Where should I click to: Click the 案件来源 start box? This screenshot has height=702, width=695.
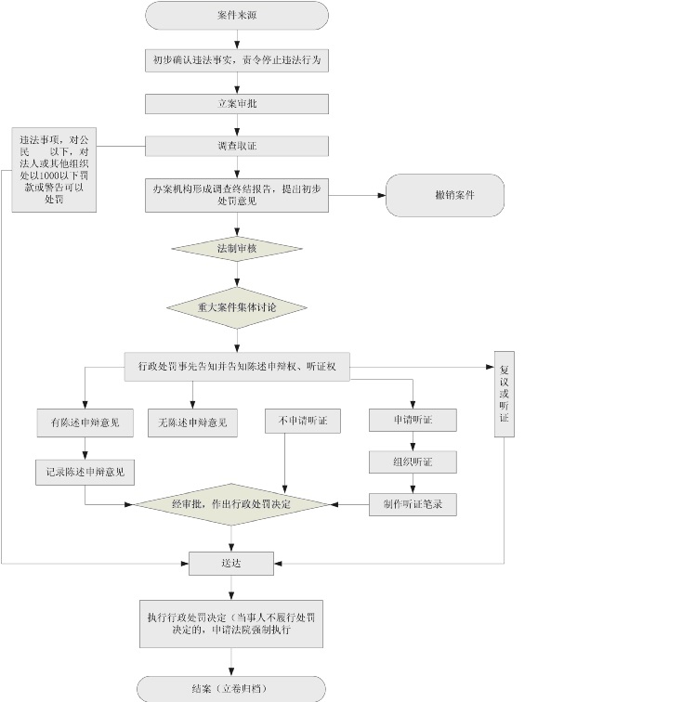(237, 16)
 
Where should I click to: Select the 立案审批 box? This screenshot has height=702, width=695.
(237, 103)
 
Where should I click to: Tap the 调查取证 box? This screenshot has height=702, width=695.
(237, 146)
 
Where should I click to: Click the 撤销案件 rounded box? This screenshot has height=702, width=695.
(445, 196)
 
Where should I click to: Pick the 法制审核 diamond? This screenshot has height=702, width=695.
(236, 249)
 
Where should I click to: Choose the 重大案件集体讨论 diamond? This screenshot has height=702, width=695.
(236, 306)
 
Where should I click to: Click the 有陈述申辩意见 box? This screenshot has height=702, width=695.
(85, 422)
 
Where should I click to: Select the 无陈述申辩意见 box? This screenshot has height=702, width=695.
(192, 422)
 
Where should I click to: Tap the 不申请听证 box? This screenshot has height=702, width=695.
(302, 421)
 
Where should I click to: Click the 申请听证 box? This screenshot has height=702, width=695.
(413, 421)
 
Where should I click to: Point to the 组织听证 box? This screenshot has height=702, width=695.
(413, 461)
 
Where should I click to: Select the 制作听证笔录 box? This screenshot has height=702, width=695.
(413, 504)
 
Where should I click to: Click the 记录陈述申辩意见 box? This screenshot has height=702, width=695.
(85, 472)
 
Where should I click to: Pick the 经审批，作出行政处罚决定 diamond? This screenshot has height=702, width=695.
(232, 504)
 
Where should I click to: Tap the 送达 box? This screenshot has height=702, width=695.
(231, 563)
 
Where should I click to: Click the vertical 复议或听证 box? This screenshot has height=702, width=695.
(505, 394)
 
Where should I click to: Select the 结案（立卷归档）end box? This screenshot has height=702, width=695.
(232, 689)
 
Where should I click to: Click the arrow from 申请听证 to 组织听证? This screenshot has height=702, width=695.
(413, 441)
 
